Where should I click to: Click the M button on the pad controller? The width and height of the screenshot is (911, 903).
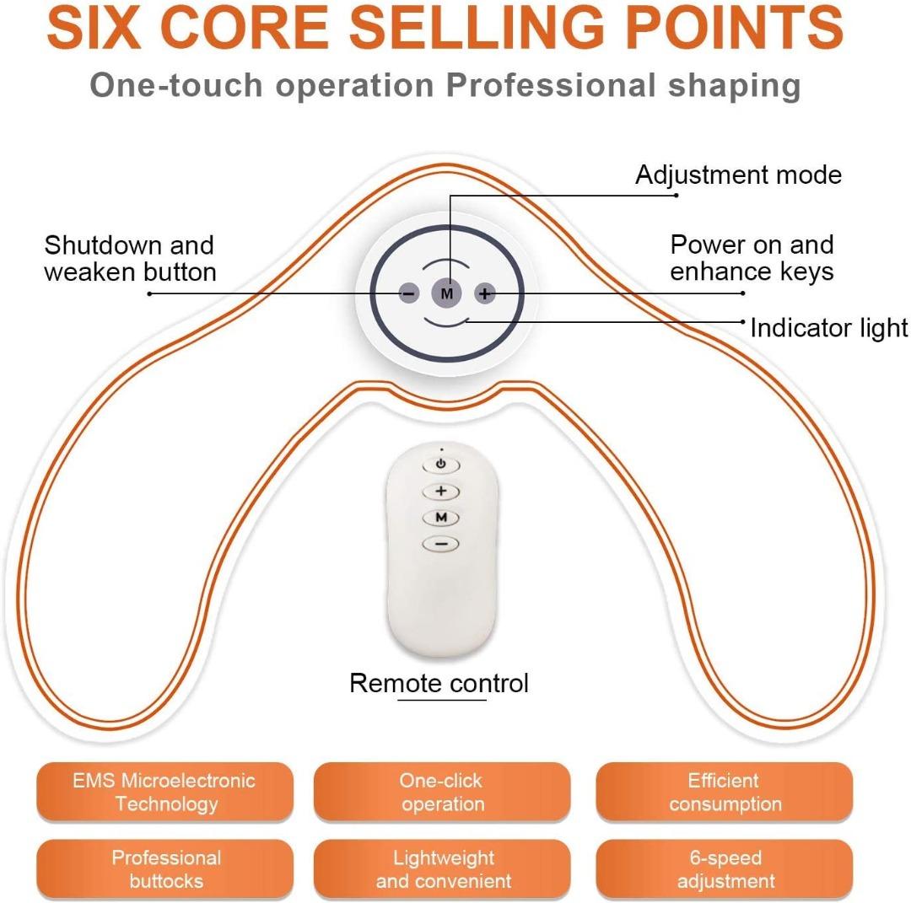tap(446, 293)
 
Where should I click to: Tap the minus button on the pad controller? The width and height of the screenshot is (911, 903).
tap(409, 293)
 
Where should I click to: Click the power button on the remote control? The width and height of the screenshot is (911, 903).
tap(441, 465)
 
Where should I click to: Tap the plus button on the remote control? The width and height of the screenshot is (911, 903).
tap(441, 492)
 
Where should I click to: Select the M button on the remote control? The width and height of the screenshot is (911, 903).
tap(441, 518)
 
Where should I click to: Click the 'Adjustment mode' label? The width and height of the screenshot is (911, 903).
tap(738, 175)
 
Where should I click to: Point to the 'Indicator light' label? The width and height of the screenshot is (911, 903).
tap(829, 327)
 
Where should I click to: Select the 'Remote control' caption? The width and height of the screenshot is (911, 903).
tap(439, 683)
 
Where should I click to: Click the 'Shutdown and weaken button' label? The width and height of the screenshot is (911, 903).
tap(130, 258)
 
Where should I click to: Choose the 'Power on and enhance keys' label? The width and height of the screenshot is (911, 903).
tap(752, 258)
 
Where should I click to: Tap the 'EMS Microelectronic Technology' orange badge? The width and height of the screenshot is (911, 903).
tap(165, 792)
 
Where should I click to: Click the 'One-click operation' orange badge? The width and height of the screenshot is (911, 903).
tap(442, 792)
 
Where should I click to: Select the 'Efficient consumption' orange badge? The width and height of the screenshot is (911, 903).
tap(725, 792)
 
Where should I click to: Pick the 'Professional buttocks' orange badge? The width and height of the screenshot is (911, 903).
tap(165, 869)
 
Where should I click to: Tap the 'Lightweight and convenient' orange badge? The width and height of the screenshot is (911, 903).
tap(442, 869)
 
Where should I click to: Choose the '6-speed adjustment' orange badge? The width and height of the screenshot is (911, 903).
tap(725, 869)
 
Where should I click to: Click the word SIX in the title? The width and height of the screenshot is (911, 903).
tap(94, 27)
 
